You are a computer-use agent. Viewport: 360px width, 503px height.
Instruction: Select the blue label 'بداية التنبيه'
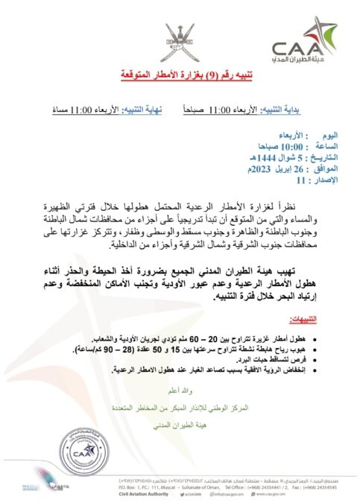(x=297, y=110)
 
